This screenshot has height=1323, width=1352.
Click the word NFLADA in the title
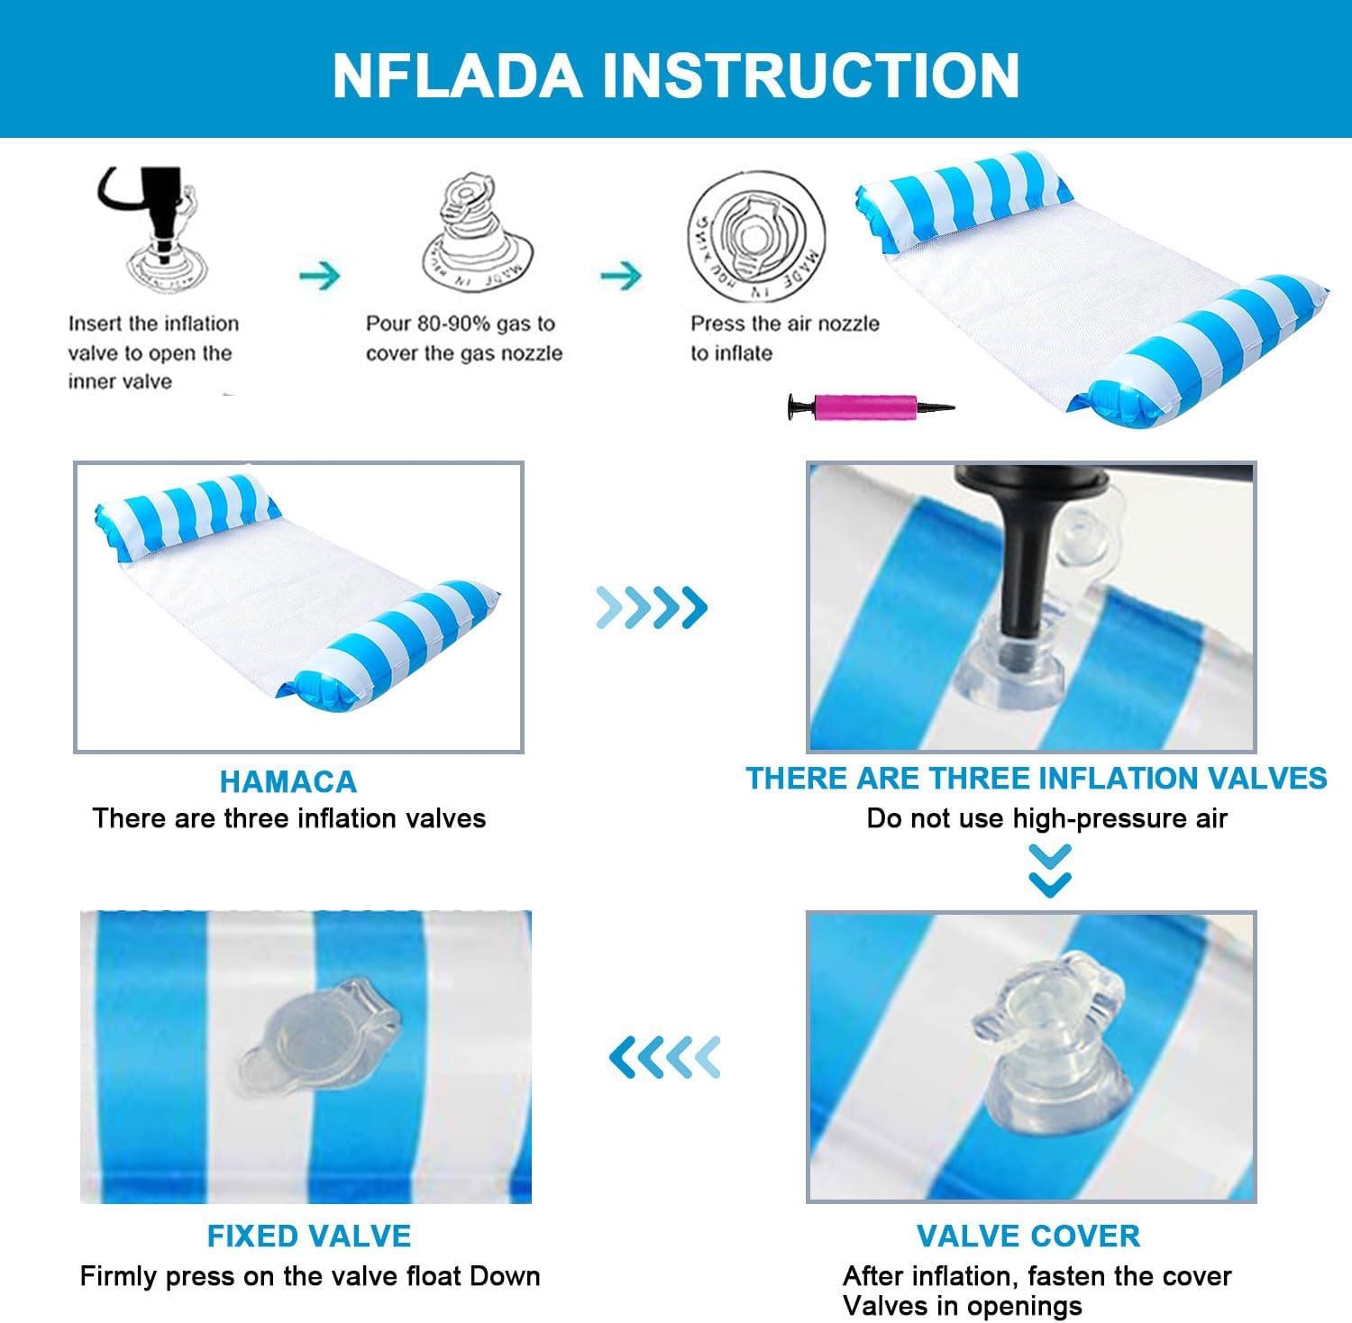click(456, 75)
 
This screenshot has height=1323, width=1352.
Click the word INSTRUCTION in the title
click(810, 75)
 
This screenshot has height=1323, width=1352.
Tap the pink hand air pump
click(871, 406)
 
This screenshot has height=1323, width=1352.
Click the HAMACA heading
click(288, 781)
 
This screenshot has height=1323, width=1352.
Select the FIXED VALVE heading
click(309, 1236)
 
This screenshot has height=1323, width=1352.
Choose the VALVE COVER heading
click(1028, 1236)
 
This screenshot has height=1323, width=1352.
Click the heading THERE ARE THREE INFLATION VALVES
click(1037, 778)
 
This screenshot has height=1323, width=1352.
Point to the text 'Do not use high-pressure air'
click(1047, 818)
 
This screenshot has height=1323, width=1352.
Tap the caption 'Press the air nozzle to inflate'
click(785, 338)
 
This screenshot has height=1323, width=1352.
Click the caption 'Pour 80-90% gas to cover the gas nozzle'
click(464, 338)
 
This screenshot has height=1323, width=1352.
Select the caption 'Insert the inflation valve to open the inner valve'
click(153, 352)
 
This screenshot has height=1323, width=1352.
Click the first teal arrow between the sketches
click(320, 275)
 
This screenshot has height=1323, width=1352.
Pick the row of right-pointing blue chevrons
click(652, 607)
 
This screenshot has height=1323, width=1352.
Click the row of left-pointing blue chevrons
click(665, 1056)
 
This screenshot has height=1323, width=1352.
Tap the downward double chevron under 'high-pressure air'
click(1050, 871)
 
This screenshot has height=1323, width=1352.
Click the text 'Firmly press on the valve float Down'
click(310, 1276)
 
